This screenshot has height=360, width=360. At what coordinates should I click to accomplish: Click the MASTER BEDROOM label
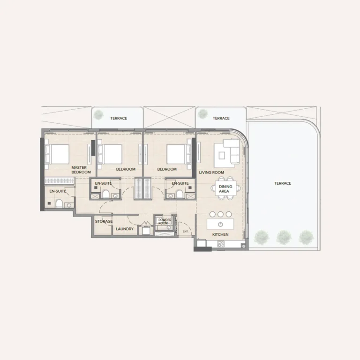81,170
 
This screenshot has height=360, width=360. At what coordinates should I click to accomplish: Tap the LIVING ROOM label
211,172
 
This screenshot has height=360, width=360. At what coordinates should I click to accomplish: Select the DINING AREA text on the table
225,189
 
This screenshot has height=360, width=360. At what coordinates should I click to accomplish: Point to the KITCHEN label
220,234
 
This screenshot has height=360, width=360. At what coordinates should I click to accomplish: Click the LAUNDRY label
125,229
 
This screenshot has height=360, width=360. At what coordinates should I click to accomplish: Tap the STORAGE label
104,221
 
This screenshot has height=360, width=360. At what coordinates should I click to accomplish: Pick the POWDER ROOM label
165,222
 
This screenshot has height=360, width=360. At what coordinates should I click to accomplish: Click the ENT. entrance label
186,232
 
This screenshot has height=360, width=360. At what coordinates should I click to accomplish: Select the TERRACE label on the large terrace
283,183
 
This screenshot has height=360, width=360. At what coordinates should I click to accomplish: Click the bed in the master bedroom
57,154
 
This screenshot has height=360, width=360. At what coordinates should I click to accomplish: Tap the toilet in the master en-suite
59,203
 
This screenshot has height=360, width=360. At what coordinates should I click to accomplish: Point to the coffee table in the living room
222,156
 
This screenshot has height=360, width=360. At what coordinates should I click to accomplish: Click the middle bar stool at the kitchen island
220,214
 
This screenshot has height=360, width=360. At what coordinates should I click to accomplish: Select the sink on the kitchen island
220,224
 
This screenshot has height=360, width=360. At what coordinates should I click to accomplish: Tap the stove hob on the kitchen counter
221,244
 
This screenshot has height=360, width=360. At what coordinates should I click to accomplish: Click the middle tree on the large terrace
284,237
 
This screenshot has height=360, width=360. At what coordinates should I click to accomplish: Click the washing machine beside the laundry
146,231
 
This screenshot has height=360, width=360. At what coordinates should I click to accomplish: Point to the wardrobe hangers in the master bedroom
59,181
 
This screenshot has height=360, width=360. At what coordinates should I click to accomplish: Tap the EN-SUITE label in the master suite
58,191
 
